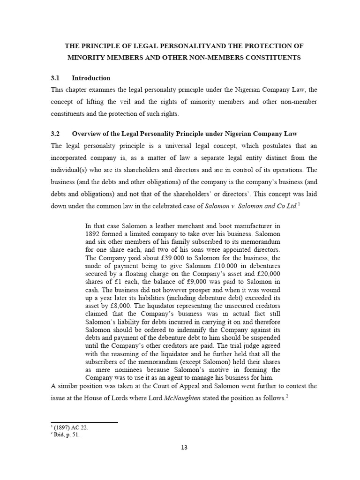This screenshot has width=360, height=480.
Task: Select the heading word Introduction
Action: tap(91, 78)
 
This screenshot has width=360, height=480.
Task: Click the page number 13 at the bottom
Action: tap(184, 447)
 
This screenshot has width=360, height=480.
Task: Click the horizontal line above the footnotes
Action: tap(84, 422)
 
